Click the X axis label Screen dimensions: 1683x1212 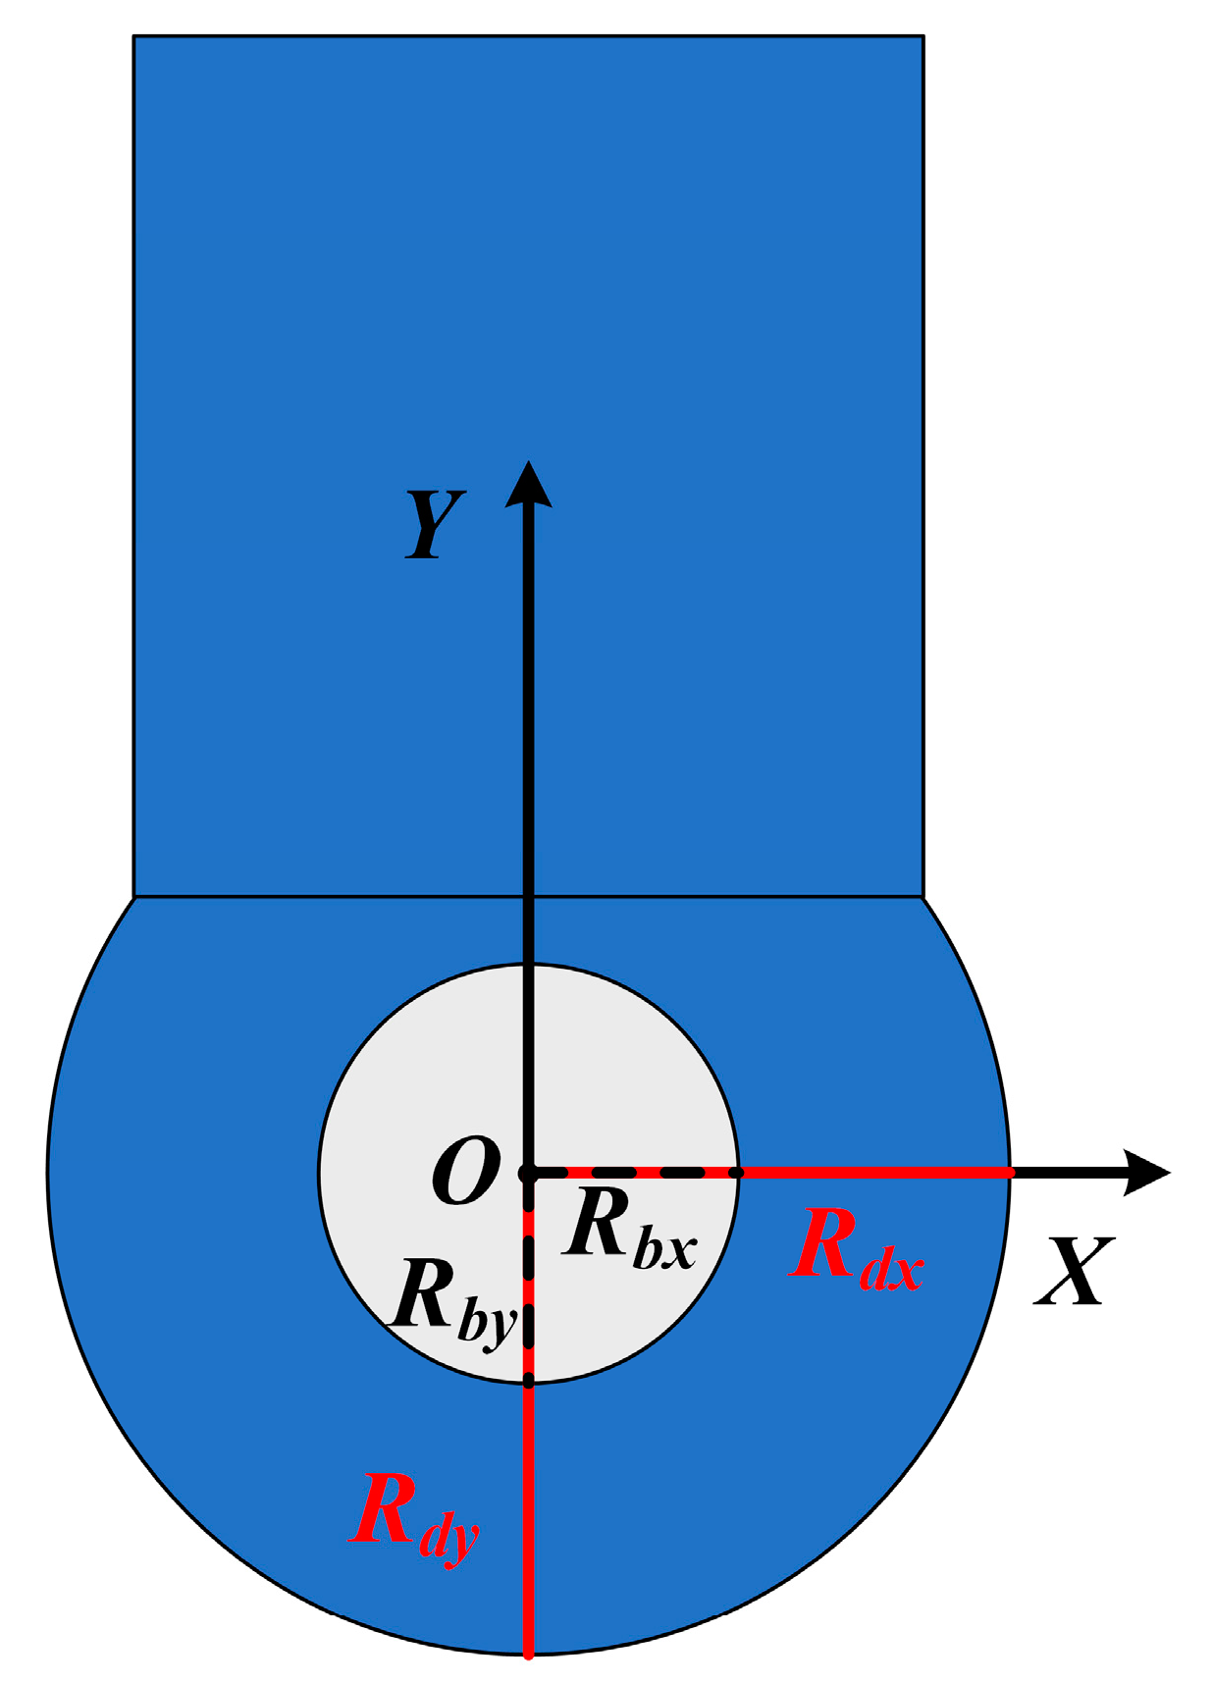(x=1075, y=1271)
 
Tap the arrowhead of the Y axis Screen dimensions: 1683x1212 (x=529, y=483)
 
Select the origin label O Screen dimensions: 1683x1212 (x=465, y=1171)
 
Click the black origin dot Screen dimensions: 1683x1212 (x=528, y=1172)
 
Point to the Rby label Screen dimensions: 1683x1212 (x=451, y=1300)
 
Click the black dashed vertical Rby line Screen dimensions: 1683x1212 (x=528, y=1276)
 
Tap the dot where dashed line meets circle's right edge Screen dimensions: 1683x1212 (x=738, y=1172)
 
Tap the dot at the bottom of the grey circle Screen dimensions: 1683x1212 (x=528, y=1382)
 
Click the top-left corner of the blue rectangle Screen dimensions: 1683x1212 (x=134, y=37)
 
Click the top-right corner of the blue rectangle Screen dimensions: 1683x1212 (x=922, y=37)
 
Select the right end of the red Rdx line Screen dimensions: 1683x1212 (x=1010, y=1172)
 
